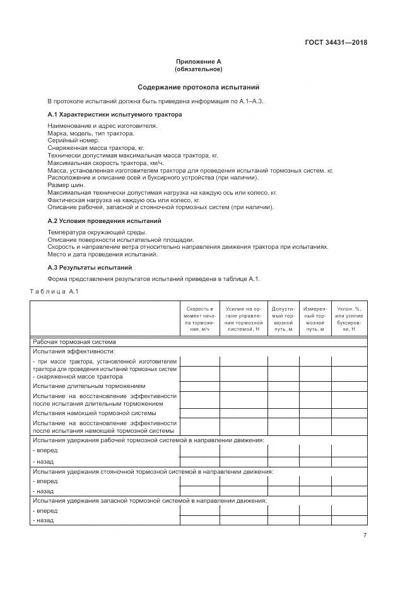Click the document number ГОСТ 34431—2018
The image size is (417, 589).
(336, 43)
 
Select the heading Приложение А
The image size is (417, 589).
(198, 62)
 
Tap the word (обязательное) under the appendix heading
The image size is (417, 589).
(198, 69)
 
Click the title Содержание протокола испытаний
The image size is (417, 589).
(198, 87)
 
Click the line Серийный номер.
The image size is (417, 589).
(69, 140)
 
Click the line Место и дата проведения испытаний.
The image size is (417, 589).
(102, 254)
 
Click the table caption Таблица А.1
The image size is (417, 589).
(54, 290)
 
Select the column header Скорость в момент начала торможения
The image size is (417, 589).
(199, 319)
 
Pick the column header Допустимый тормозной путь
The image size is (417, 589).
(283, 319)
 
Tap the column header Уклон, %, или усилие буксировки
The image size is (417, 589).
(349, 319)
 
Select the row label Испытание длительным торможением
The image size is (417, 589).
(89, 386)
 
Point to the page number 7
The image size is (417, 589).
(365, 535)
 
